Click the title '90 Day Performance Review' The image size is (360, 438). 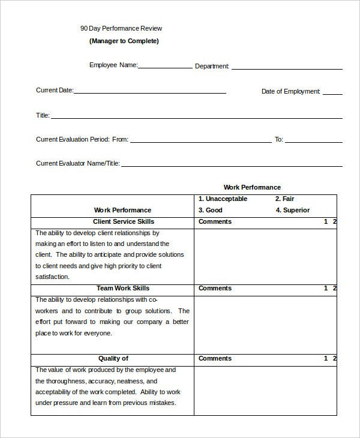point(121,28)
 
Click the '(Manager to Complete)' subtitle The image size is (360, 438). point(124,41)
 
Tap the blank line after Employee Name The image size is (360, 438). point(166,67)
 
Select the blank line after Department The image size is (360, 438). point(286,68)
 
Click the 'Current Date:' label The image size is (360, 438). point(55,91)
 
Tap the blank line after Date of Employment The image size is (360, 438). point(332,94)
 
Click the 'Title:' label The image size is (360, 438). point(43,115)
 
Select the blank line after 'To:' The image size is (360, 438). point(313,142)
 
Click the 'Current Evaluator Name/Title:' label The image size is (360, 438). point(78,163)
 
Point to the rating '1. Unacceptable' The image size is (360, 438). point(223,199)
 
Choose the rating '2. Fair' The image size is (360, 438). point(284,199)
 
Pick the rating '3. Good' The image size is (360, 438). point(210,210)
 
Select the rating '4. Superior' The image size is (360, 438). point(292,210)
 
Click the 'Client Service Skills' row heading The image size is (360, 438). point(122,221)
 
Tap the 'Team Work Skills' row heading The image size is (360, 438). point(122,288)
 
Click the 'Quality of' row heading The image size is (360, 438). point(113,358)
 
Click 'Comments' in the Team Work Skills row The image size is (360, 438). point(215,288)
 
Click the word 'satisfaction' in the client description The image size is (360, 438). point(52,277)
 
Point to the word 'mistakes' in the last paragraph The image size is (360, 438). point(162,403)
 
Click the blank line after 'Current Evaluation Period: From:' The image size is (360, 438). point(200,142)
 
